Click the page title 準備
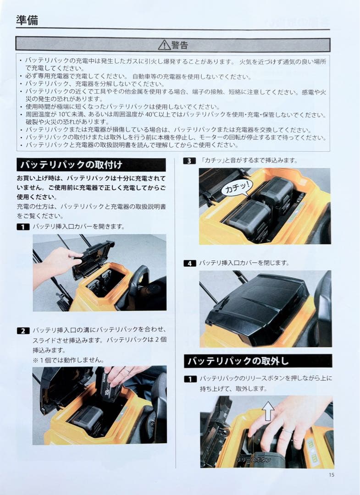click(27, 20)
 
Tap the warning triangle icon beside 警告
click(164, 44)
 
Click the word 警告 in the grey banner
click(179, 44)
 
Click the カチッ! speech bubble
click(236, 187)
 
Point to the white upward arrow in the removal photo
click(268, 410)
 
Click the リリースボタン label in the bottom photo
click(254, 459)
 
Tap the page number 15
click(331, 475)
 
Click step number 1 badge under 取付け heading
click(22, 226)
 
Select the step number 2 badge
click(22, 330)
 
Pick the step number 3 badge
click(189, 160)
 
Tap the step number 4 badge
click(189, 263)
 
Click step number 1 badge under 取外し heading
click(190, 379)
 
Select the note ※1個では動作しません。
click(68, 360)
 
